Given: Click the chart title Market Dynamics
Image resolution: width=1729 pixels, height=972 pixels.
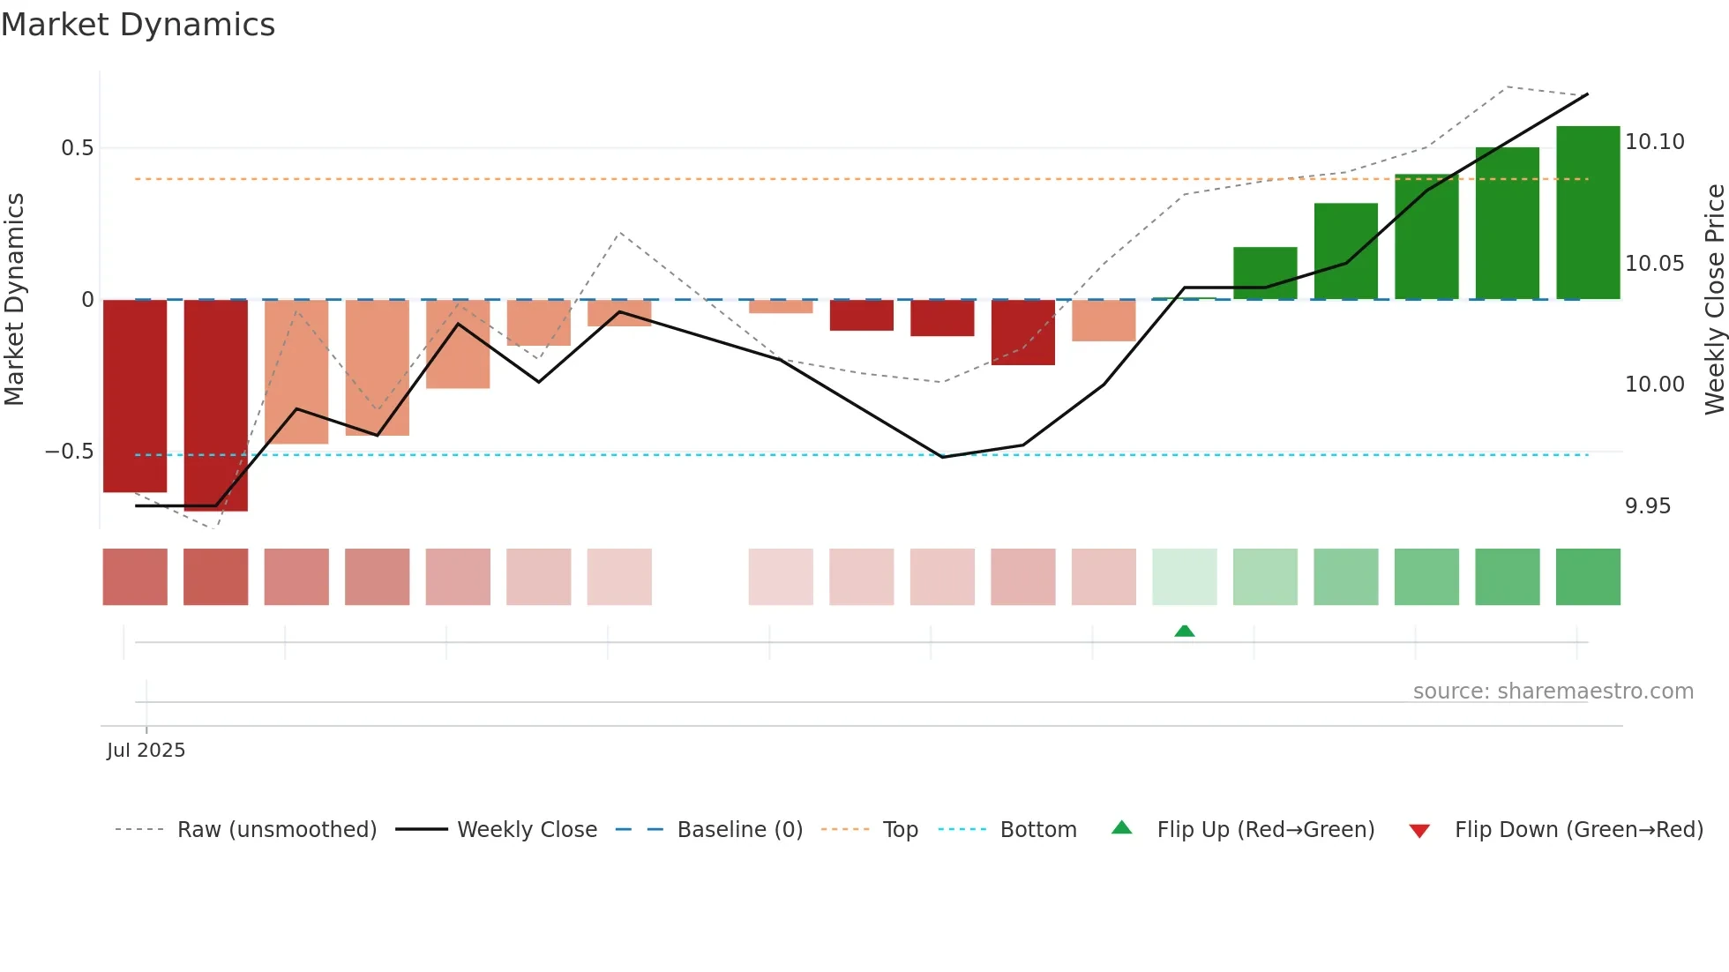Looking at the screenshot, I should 138,25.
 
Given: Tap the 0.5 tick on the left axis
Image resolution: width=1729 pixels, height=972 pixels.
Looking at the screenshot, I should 77,148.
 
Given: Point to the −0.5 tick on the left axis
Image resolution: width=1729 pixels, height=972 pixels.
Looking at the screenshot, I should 69,452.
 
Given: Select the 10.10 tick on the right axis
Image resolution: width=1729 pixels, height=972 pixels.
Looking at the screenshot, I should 1654,142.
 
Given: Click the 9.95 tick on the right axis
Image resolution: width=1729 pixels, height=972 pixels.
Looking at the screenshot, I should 1647,506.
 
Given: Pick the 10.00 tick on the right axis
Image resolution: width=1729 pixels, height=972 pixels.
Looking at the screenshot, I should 1654,385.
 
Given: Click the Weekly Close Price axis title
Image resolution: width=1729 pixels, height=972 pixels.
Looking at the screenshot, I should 1714,299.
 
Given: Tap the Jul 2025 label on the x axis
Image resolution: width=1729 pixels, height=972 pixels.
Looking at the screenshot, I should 146,751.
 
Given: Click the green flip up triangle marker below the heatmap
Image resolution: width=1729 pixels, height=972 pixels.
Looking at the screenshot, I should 1184,632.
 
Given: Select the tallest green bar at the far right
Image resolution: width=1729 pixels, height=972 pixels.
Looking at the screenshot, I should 1588,213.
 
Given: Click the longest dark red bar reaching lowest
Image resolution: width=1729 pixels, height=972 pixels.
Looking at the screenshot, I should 215,405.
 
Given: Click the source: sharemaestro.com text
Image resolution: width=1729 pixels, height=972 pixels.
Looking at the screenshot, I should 1553,692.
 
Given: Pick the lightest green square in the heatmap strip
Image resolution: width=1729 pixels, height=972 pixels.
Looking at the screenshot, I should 1184,577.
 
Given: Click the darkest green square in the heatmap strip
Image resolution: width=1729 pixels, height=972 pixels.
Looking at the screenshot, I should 1588,577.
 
